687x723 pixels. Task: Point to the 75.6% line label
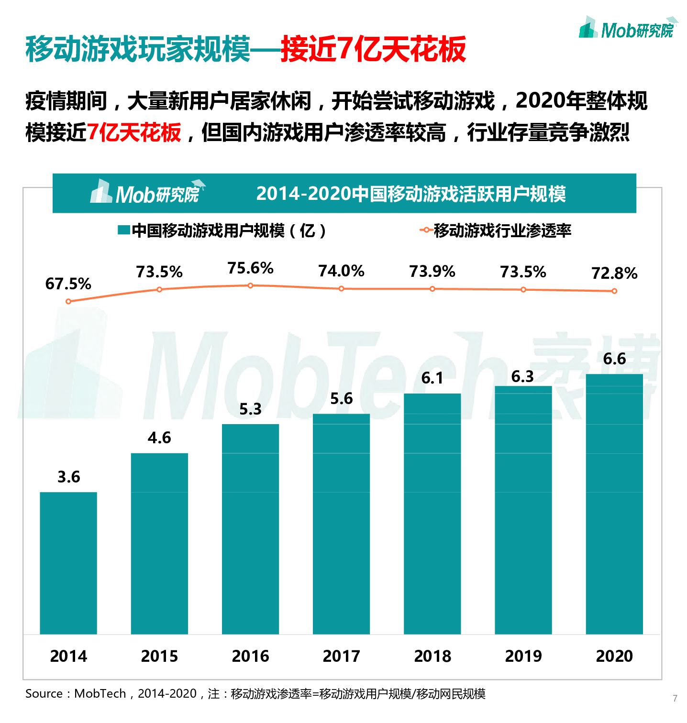point(250,268)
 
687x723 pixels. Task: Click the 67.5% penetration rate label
point(68,284)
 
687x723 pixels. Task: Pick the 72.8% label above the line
point(614,274)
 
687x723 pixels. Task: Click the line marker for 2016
point(250,285)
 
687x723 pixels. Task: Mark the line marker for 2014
point(68,301)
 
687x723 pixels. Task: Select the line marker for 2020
point(614,291)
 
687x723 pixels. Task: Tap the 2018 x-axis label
point(432,656)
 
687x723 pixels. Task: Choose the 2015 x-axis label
point(159,656)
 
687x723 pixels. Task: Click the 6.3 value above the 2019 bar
point(522,377)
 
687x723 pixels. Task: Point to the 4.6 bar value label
point(159,438)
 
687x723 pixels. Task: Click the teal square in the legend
point(124,230)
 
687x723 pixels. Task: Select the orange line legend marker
point(425,230)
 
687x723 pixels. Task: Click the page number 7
point(675,698)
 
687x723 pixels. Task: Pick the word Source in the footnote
point(44,694)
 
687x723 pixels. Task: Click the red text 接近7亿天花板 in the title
point(373,49)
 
